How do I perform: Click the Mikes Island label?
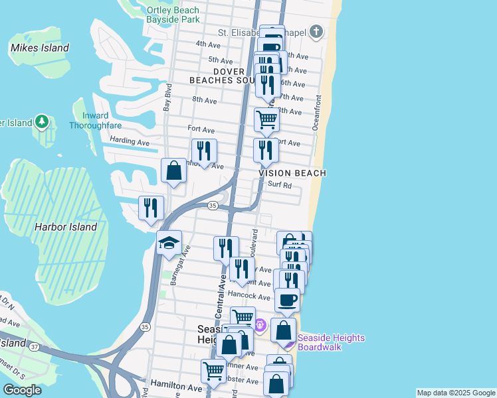pos(40,48)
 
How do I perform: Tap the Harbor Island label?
pos(66,227)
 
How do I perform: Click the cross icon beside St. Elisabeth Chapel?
pos(316,31)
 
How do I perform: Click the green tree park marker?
pos(42,122)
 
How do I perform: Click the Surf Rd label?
pos(280,186)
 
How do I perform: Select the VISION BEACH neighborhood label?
pos(292,173)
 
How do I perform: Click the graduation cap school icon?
pos(169,243)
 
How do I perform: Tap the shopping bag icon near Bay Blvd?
pos(173,171)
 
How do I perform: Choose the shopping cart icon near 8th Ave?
pos(266,120)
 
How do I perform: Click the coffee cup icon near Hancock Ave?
pos(287,300)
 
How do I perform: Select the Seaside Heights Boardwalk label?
pos(331,342)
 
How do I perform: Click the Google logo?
pos(22,390)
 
